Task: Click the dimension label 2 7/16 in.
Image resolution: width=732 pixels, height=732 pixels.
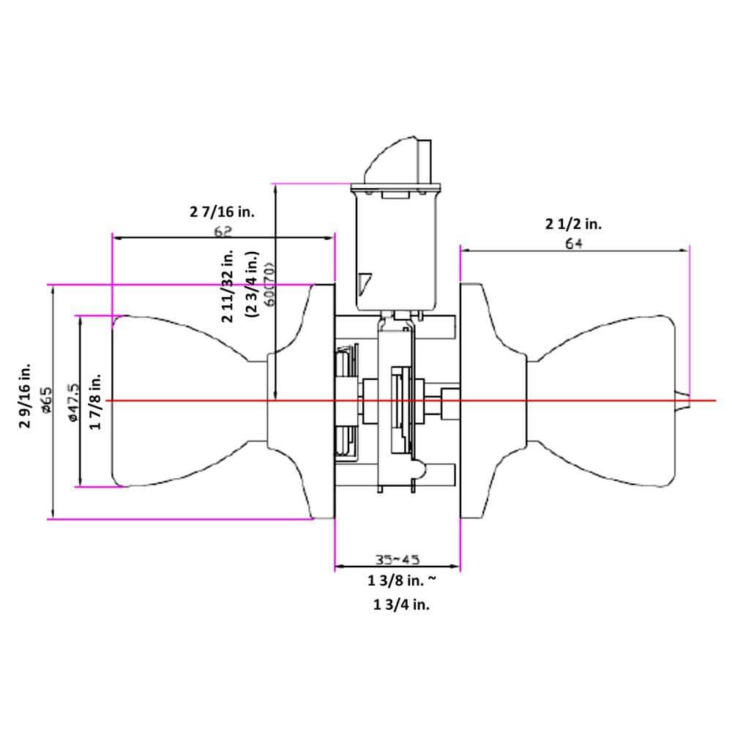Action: [221, 212]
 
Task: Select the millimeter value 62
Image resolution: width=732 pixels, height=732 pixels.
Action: [223, 231]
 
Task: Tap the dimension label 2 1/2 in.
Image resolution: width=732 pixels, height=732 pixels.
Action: [573, 224]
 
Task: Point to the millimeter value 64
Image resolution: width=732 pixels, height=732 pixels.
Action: [573, 244]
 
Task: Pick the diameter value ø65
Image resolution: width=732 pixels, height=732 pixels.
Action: [46, 401]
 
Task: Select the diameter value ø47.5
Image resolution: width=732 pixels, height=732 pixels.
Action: [72, 401]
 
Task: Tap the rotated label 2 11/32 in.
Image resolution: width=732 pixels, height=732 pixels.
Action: [227, 285]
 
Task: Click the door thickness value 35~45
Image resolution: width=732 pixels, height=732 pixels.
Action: [397, 560]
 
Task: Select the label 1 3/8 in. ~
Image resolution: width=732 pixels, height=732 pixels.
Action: [401, 582]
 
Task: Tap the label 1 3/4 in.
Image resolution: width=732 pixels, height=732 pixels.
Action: [401, 606]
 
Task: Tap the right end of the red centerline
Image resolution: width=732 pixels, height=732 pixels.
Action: [713, 401]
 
